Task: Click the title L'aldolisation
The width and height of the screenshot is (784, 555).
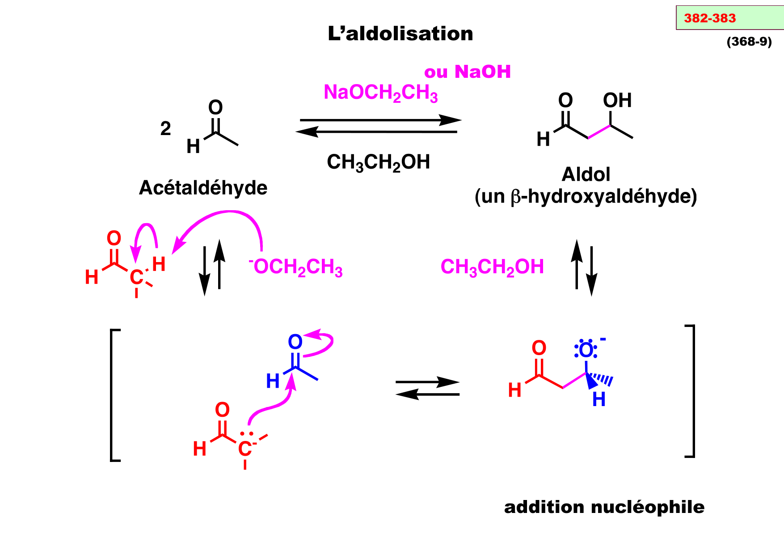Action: (400, 34)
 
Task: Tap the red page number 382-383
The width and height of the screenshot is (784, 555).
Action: (709, 18)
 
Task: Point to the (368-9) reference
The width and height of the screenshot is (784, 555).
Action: (749, 42)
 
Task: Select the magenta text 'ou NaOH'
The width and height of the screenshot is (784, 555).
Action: (467, 72)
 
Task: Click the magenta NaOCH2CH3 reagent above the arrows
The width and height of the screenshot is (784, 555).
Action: (380, 93)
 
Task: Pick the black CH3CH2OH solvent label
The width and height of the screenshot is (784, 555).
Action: (378, 162)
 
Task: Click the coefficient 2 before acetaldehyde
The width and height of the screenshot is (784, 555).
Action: (165, 129)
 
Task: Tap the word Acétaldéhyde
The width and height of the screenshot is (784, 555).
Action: (203, 188)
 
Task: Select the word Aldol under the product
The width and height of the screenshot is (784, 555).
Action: (586, 174)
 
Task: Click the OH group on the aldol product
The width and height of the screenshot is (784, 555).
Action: (617, 101)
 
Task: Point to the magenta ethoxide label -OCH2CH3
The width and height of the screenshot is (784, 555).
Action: (296, 267)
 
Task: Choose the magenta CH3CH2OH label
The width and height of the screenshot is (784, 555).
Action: (492, 267)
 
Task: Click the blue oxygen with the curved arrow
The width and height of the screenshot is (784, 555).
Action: (295, 342)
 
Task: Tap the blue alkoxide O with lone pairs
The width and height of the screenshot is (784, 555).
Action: (586, 350)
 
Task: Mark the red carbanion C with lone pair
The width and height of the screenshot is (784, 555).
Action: (244, 449)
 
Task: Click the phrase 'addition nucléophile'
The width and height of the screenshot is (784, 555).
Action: (604, 507)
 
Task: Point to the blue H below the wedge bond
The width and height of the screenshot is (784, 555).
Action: (599, 399)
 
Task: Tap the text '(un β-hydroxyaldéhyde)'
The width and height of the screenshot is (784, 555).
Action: (586, 197)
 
